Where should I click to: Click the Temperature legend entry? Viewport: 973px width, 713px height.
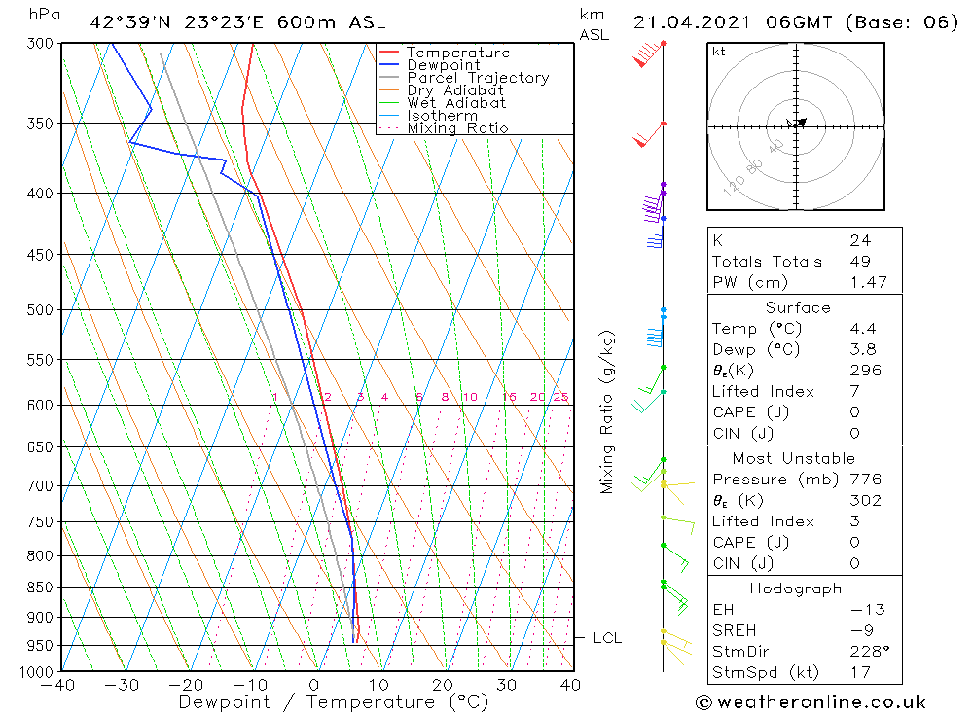pyautogui.click(x=457, y=53)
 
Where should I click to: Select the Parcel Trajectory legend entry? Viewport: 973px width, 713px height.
pyautogui.click(x=478, y=78)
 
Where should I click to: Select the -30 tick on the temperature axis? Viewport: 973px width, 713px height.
pyautogui.click(x=122, y=685)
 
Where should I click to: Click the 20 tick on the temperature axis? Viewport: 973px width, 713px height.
pyautogui.click(x=443, y=685)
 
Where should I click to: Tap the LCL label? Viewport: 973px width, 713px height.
pyautogui.click(x=606, y=638)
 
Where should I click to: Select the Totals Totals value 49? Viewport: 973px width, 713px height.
pyautogui.click(x=859, y=262)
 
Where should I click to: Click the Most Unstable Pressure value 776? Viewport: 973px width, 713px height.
pyautogui.click(x=864, y=480)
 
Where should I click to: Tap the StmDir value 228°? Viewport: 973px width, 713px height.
pyautogui.click(x=866, y=652)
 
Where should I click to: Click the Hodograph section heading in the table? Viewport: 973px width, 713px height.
pyautogui.click(x=797, y=588)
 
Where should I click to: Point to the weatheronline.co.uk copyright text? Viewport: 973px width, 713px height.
pyautogui.click(x=811, y=702)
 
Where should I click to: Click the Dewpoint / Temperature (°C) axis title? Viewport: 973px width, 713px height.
pyautogui.click(x=333, y=702)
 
